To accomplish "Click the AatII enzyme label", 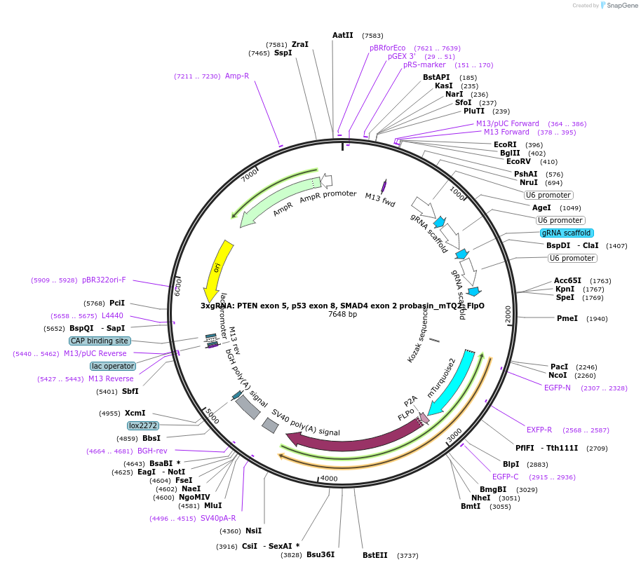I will click(342, 35).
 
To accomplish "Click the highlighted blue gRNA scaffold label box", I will click(567, 233).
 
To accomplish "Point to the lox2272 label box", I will click(143, 425).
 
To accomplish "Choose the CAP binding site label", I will click(100, 341).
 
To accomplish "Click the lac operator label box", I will click(112, 366).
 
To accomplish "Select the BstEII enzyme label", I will click(375, 555).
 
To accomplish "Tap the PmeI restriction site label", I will click(567, 318).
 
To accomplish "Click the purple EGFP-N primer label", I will click(558, 388).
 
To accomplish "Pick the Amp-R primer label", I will click(237, 76).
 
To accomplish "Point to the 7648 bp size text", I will click(342, 314).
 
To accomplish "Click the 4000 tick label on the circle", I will click(329, 479).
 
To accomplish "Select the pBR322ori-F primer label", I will click(104, 280).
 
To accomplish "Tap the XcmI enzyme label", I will click(135, 413).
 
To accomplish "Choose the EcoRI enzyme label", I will click(505, 144).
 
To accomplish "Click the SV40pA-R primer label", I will click(218, 518).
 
